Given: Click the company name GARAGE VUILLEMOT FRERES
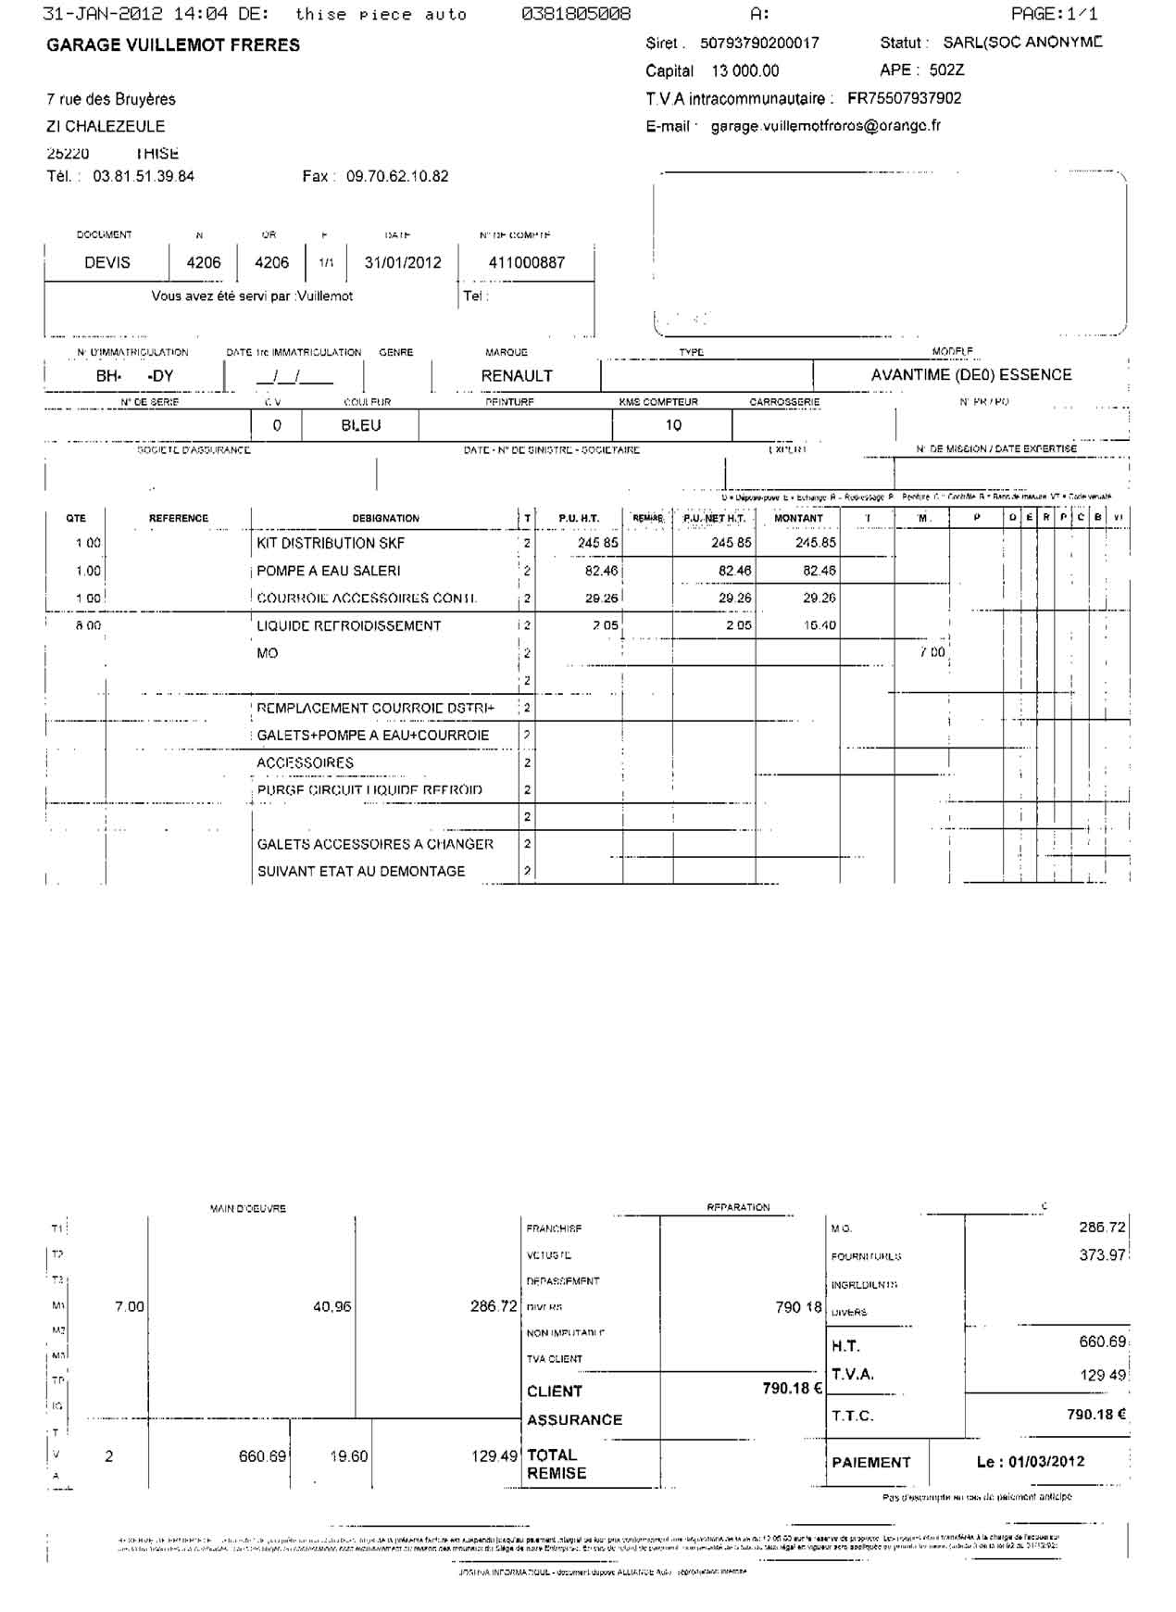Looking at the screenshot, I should (173, 45).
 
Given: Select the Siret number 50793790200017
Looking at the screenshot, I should (759, 44).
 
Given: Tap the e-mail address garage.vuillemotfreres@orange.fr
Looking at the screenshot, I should (825, 126).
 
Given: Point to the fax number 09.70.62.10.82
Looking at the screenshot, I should (397, 176).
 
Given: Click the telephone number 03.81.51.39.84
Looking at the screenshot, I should (144, 176).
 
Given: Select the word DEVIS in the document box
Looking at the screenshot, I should (107, 262).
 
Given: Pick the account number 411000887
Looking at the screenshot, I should (526, 262).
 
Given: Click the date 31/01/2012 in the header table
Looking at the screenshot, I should (403, 262).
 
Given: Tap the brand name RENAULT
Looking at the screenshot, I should (517, 375).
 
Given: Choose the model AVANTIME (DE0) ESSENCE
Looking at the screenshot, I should (971, 374).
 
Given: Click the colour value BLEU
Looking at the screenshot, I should (361, 425).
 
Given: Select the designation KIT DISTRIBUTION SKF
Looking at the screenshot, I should (331, 543).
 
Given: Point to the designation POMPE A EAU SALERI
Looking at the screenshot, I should (329, 571).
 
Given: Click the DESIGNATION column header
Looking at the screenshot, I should (385, 518).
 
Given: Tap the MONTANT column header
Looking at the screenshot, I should (798, 518).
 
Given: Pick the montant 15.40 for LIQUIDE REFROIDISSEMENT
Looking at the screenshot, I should (819, 625).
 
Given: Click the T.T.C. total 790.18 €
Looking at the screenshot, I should (1096, 1414).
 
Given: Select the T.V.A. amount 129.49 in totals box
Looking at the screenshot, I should (1103, 1375).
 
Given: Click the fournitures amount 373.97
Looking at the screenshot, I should (1102, 1254).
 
